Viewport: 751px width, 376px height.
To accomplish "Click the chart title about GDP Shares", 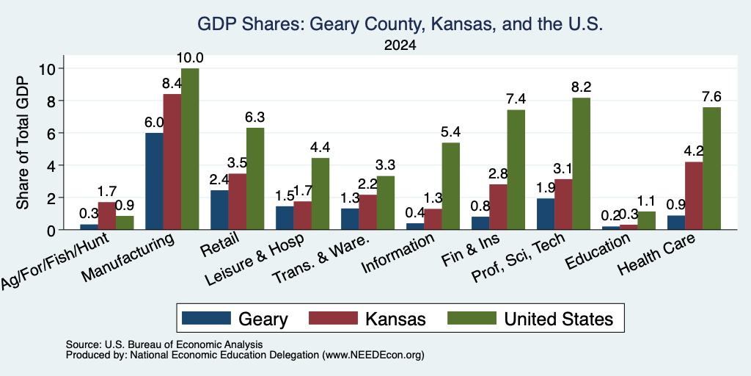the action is (400, 23).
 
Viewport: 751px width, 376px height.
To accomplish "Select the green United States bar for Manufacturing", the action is (190, 148).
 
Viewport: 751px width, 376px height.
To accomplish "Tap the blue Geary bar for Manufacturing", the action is (154, 181).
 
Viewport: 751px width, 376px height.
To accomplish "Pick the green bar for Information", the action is (451, 186).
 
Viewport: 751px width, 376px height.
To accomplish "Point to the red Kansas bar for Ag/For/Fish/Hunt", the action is (107, 216).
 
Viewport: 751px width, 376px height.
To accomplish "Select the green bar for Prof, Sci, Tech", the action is (582, 164).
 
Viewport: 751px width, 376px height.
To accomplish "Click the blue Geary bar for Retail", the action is (219, 209).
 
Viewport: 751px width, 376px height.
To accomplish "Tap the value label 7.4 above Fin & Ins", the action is (516, 99).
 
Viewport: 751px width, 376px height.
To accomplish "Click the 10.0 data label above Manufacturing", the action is (190, 57).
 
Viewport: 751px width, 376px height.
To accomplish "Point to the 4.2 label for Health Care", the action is (694, 151).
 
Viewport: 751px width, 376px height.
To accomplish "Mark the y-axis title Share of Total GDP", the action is (23, 142).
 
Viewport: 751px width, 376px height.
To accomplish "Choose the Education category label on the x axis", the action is (598, 251).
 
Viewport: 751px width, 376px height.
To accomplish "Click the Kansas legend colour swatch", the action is (334, 318).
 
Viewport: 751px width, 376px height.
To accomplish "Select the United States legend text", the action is (558, 319).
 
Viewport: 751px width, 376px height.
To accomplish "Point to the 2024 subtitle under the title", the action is (400, 46).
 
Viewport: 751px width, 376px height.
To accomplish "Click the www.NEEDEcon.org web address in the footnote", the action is (373, 355).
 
